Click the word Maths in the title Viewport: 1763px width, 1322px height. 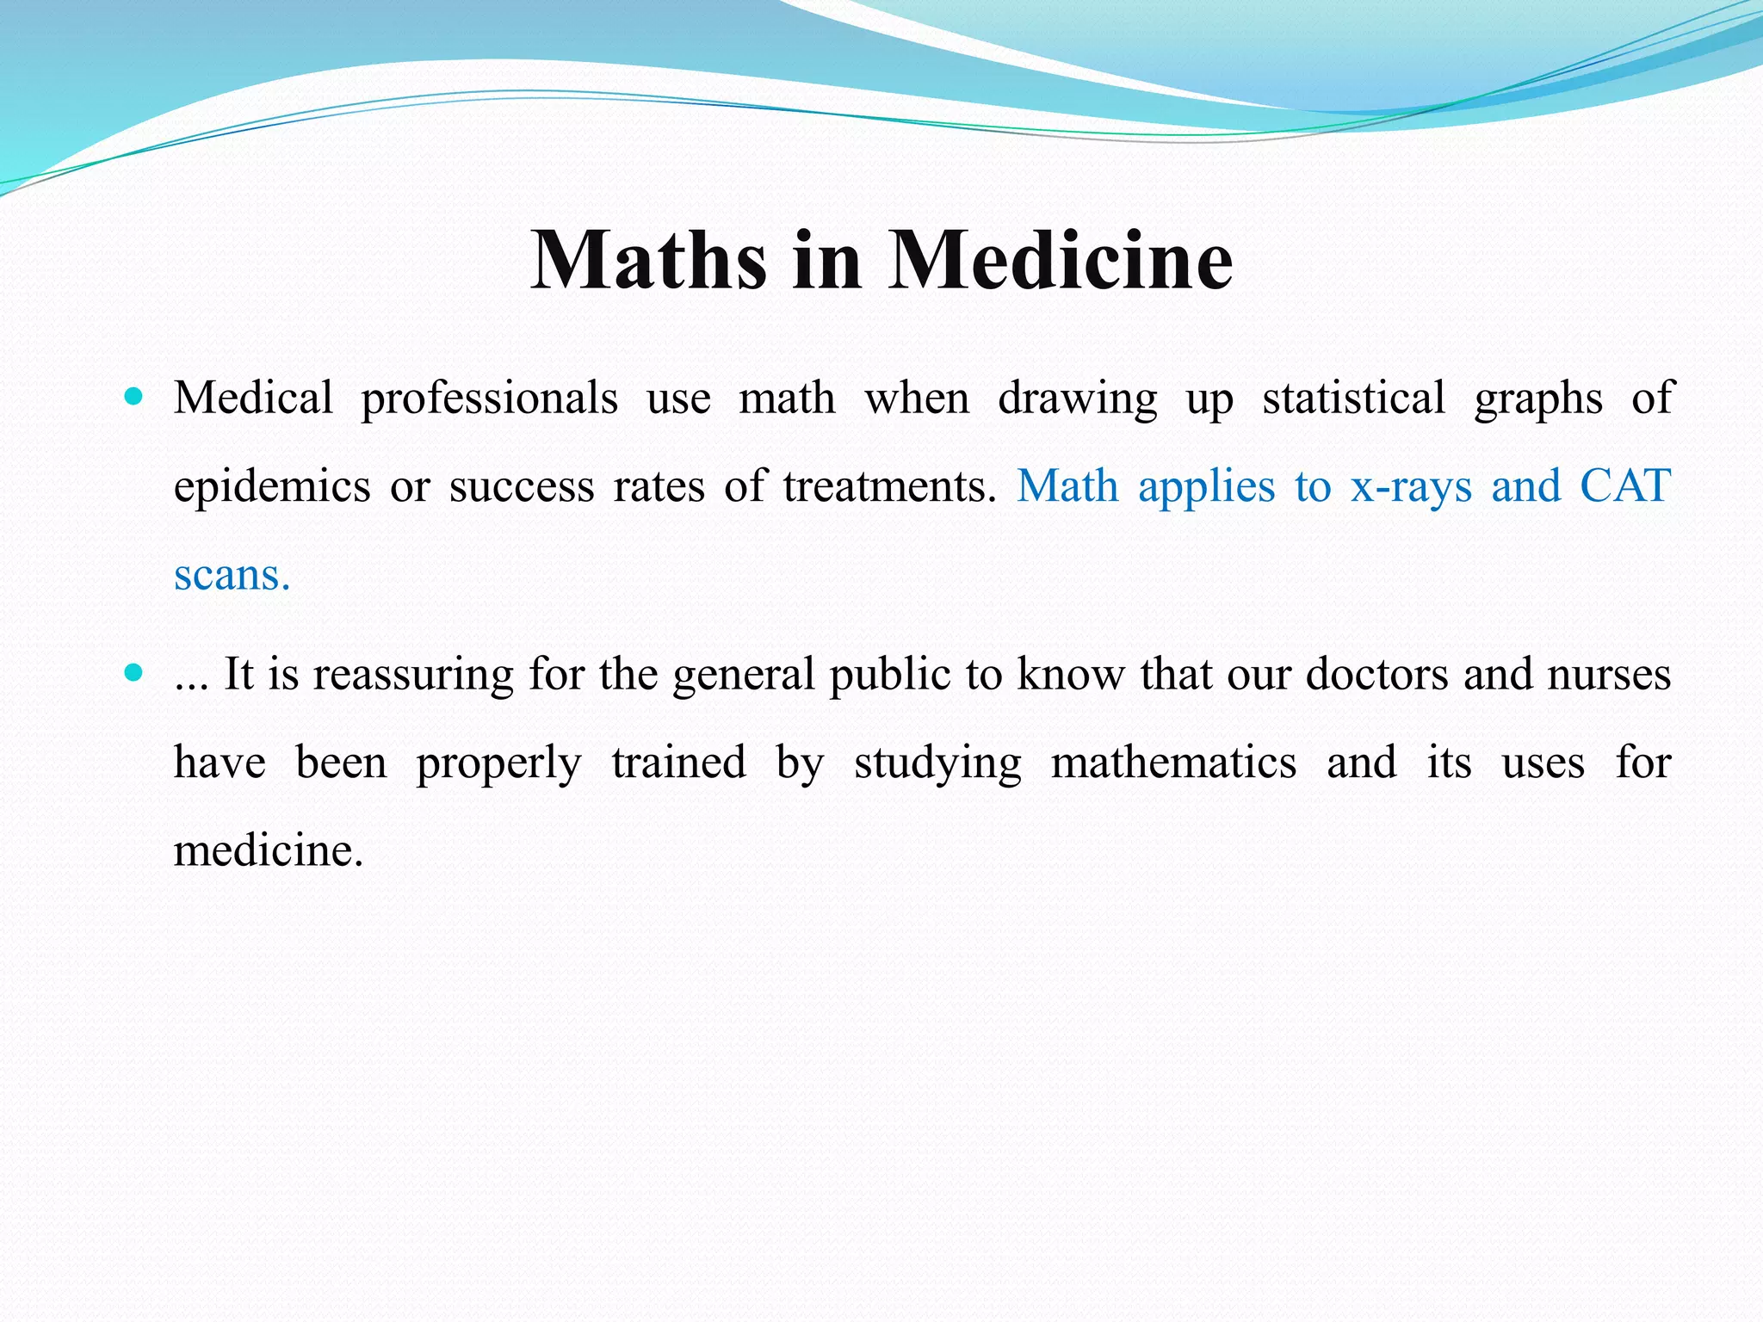click(647, 260)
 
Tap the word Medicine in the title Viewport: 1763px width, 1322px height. click(1061, 260)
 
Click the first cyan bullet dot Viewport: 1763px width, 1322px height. click(133, 397)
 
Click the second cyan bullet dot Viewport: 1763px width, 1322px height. click(133, 672)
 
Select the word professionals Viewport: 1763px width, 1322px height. click(489, 398)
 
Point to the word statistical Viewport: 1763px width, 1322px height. click(1353, 398)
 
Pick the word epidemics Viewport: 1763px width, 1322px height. click(272, 487)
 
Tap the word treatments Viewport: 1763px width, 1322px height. click(889, 486)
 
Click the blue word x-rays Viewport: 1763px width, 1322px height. click(1411, 487)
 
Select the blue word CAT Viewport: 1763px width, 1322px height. click(1625, 485)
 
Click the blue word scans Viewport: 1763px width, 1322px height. click(232, 575)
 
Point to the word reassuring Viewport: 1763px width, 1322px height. click(412, 675)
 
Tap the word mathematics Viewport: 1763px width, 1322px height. click(1173, 763)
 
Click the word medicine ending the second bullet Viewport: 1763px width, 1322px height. click(269, 850)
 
